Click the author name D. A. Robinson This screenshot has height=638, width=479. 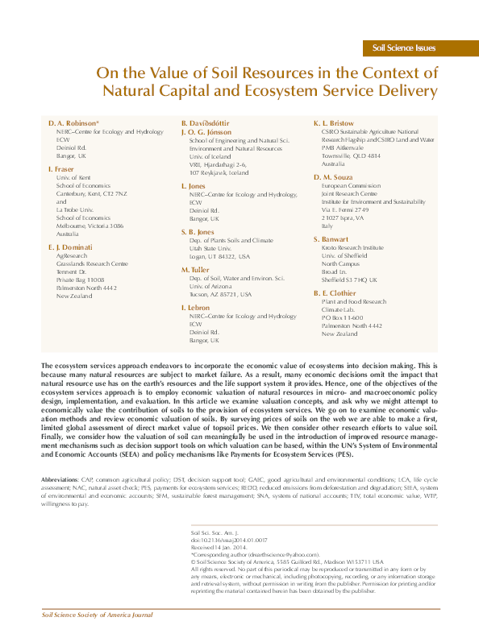(x=73, y=123)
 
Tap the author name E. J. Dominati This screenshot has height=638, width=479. (x=70, y=246)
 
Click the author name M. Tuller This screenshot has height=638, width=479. (x=195, y=269)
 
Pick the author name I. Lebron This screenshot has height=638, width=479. (x=196, y=308)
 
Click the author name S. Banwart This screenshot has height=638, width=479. (x=331, y=239)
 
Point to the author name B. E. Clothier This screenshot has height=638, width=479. (x=335, y=293)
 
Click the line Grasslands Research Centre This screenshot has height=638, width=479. (x=92, y=263)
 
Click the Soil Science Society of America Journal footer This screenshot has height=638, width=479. (x=97, y=615)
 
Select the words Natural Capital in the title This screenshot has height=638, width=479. (x=159, y=91)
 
